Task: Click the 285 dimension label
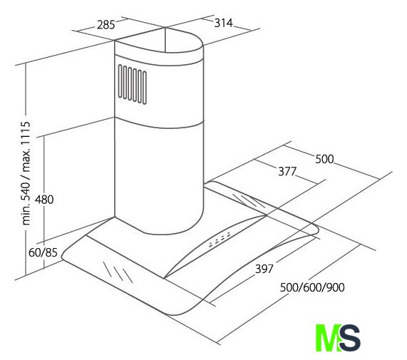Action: pyautogui.click(x=106, y=25)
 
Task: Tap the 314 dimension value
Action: pyautogui.click(x=224, y=23)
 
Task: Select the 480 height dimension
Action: pyautogui.click(x=44, y=200)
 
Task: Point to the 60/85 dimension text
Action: pyautogui.click(x=43, y=252)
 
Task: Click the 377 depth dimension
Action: pyautogui.click(x=287, y=172)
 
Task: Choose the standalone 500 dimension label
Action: pyautogui.click(x=324, y=159)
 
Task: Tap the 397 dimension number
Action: pyautogui.click(x=264, y=269)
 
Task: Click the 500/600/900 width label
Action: pyautogui.click(x=312, y=287)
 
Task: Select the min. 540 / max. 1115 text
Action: pyautogui.click(x=26, y=173)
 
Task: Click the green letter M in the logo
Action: pyautogui.click(x=328, y=337)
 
